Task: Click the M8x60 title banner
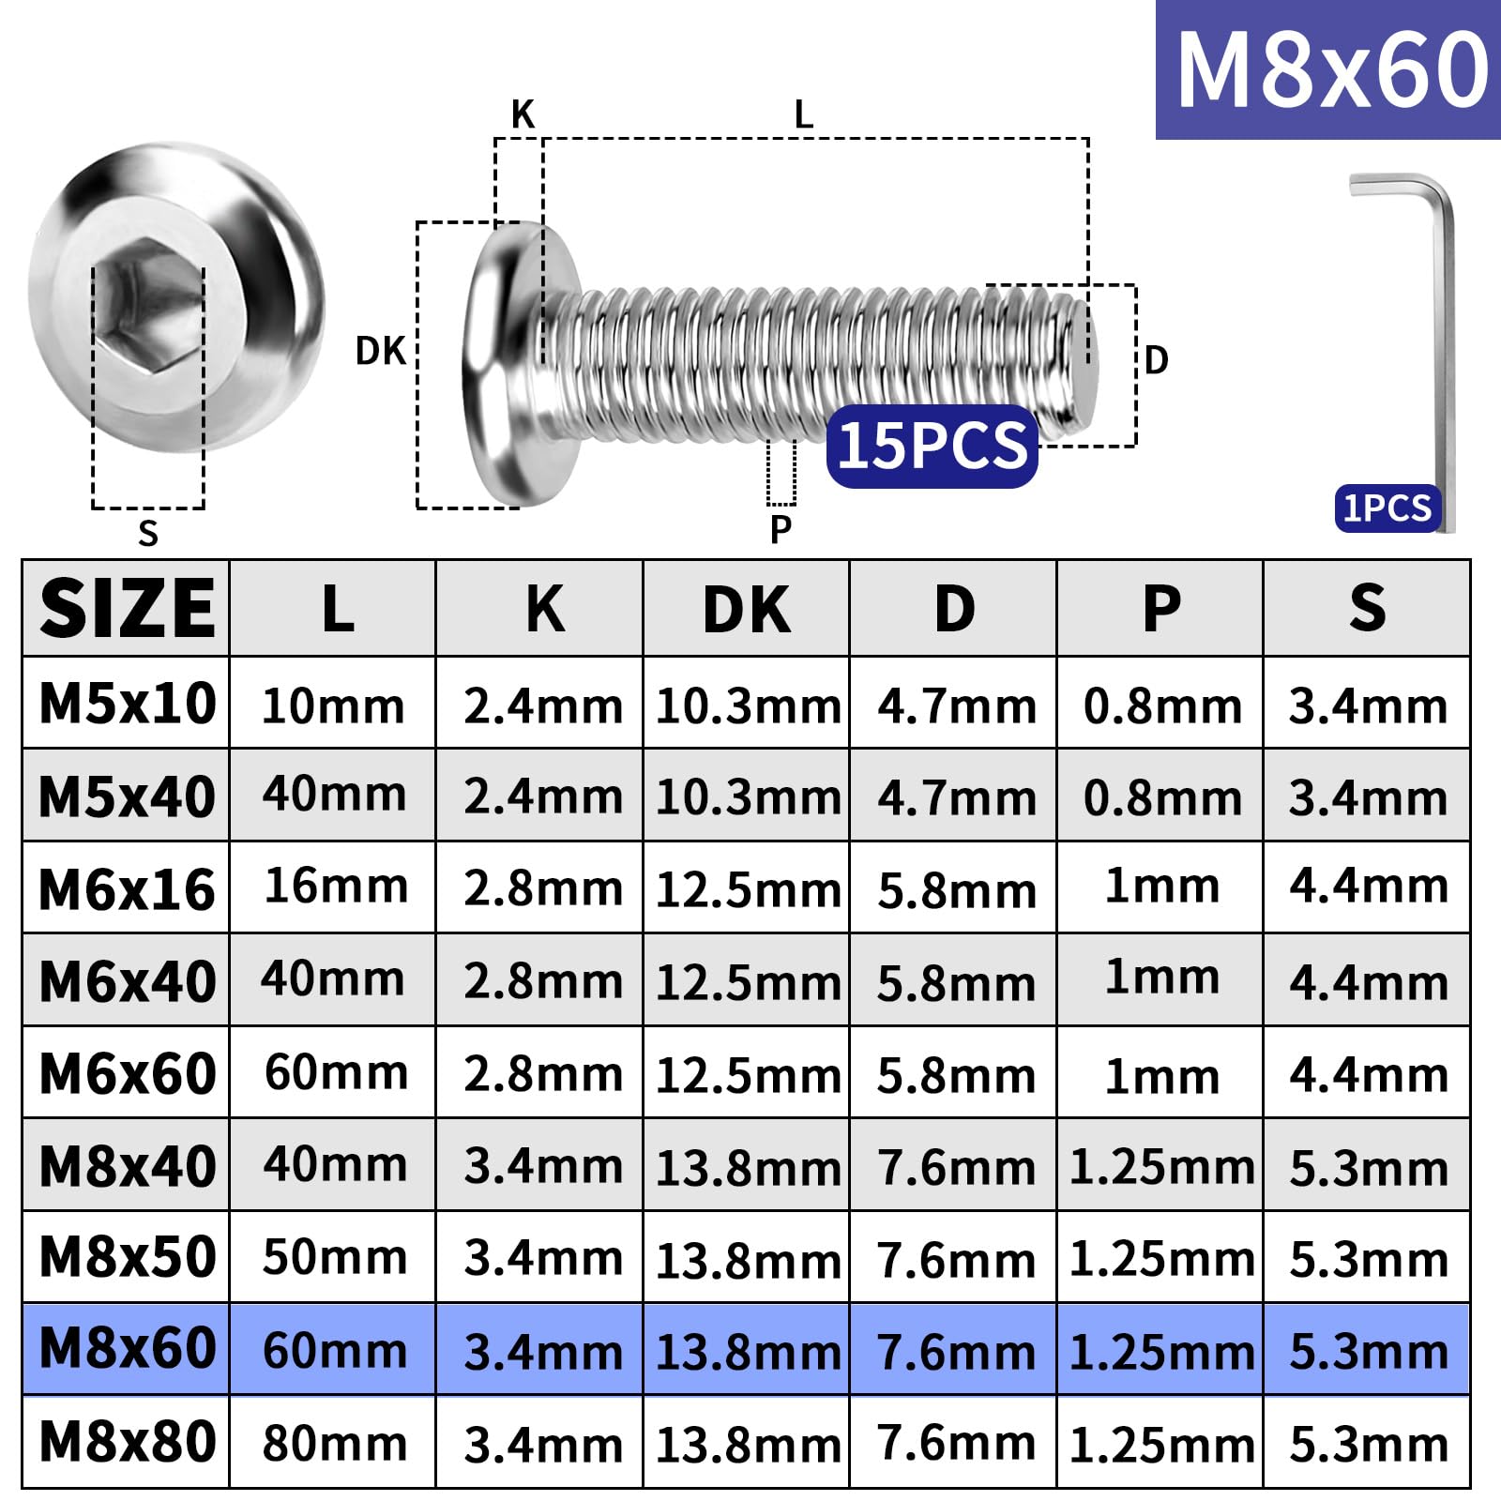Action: point(1328,69)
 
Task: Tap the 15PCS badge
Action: point(932,446)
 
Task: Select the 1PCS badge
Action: point(1387,508)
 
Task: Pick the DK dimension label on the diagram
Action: point(380,351)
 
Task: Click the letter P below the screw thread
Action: point(781,529)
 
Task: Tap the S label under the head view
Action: point(147,533)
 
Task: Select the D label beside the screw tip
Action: point(1156,360)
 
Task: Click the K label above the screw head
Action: point(523,114)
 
